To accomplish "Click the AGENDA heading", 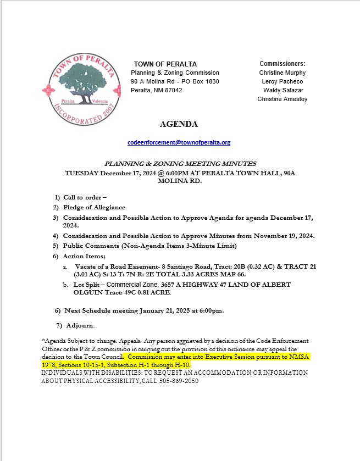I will click(179, 124).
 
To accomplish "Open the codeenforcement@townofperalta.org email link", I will click(179, 142).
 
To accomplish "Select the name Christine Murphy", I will click(283, 73).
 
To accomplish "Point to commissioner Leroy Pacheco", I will click(283, 81).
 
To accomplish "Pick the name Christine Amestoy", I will click(283, 99).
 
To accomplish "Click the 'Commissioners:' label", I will click(283, 64).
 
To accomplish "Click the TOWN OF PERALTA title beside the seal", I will click(165, 64).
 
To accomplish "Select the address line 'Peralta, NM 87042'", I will click(157, 90).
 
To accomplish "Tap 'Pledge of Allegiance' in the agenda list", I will click(94, 207).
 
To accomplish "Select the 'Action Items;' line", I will click(84, 256).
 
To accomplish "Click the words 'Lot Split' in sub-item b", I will click(82, 285).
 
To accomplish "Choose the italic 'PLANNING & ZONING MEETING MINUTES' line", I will click(181, 163).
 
